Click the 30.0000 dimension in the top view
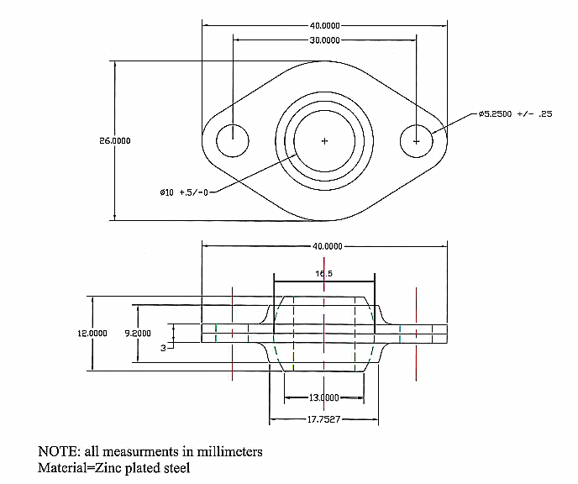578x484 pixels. point(324,40)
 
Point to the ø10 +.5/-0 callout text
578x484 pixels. point(183,192)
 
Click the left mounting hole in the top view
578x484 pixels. point(233,140)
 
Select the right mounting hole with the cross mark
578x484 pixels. point(416,140)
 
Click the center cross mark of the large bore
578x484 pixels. point(325,140)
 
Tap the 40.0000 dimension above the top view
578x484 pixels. point(324,25)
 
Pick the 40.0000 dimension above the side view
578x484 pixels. point(327,246)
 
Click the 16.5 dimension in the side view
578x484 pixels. point(324,274)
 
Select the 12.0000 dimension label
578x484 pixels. point(92,333)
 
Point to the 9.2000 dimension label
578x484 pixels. point(137,333)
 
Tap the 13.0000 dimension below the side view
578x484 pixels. point(323,397)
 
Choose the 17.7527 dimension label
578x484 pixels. point(323,419)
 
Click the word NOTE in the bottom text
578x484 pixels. point(57,452)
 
